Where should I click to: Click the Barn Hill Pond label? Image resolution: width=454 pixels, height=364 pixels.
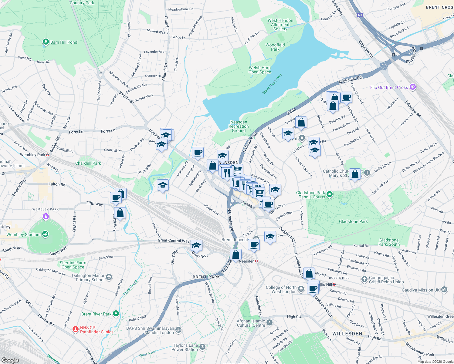63,42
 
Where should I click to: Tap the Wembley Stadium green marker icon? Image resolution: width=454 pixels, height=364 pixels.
45,234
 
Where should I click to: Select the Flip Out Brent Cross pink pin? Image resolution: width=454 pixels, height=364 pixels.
412,87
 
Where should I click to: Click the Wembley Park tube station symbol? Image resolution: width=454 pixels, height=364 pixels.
48,155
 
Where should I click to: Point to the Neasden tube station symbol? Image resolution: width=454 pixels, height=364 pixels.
257,261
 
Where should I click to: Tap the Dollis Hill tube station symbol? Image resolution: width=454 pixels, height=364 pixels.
334,285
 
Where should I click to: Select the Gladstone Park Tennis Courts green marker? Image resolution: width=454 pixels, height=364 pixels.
330,194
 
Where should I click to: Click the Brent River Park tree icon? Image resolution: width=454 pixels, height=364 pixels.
116,314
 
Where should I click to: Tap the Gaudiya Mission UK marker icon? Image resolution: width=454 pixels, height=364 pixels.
444,290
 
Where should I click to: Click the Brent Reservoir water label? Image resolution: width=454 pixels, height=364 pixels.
272,84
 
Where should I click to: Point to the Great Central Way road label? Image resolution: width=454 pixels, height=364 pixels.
174,241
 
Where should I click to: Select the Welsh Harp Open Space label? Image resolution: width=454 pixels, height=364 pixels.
259,70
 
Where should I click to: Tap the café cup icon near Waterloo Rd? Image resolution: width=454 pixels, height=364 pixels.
346,97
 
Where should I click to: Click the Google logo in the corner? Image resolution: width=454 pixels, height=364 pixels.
10,360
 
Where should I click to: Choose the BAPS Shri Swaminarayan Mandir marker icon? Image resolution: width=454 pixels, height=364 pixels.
179,330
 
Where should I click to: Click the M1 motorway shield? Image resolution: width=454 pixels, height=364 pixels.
360,15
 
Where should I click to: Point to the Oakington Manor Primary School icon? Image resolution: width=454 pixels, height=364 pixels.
109,277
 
